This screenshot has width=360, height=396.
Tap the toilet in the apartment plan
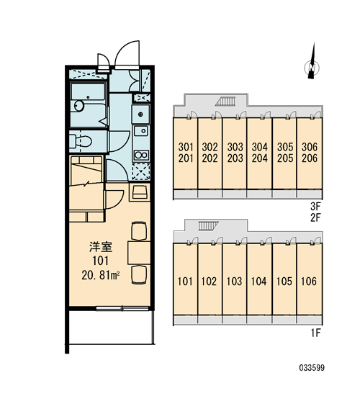tap(81, 141)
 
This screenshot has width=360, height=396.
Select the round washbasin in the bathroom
tap(78, 106)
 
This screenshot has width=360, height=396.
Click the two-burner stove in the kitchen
tap(141, 155)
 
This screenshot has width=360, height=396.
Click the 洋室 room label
tap(101, 247)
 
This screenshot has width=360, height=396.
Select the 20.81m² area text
tap(101, 275)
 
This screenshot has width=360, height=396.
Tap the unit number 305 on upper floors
tap(285, 147)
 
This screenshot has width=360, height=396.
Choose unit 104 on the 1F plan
tap(259, 282)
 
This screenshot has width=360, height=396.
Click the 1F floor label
tap(315, 333)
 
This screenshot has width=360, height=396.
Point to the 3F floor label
tap(315, 207)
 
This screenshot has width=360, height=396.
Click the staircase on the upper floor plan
tap(225, 102)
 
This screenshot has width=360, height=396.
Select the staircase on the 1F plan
tap(208, 226)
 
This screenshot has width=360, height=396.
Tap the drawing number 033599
tap(312, 367)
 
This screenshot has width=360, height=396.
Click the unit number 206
tap(310, 158)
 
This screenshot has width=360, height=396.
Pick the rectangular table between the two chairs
tap(139, 253)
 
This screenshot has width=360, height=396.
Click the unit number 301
tap(186, 147)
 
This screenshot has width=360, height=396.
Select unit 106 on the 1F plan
tap(309, 282)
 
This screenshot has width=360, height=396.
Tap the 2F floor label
tap(315, 217)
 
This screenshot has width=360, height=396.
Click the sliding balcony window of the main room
tap(122, 308)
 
